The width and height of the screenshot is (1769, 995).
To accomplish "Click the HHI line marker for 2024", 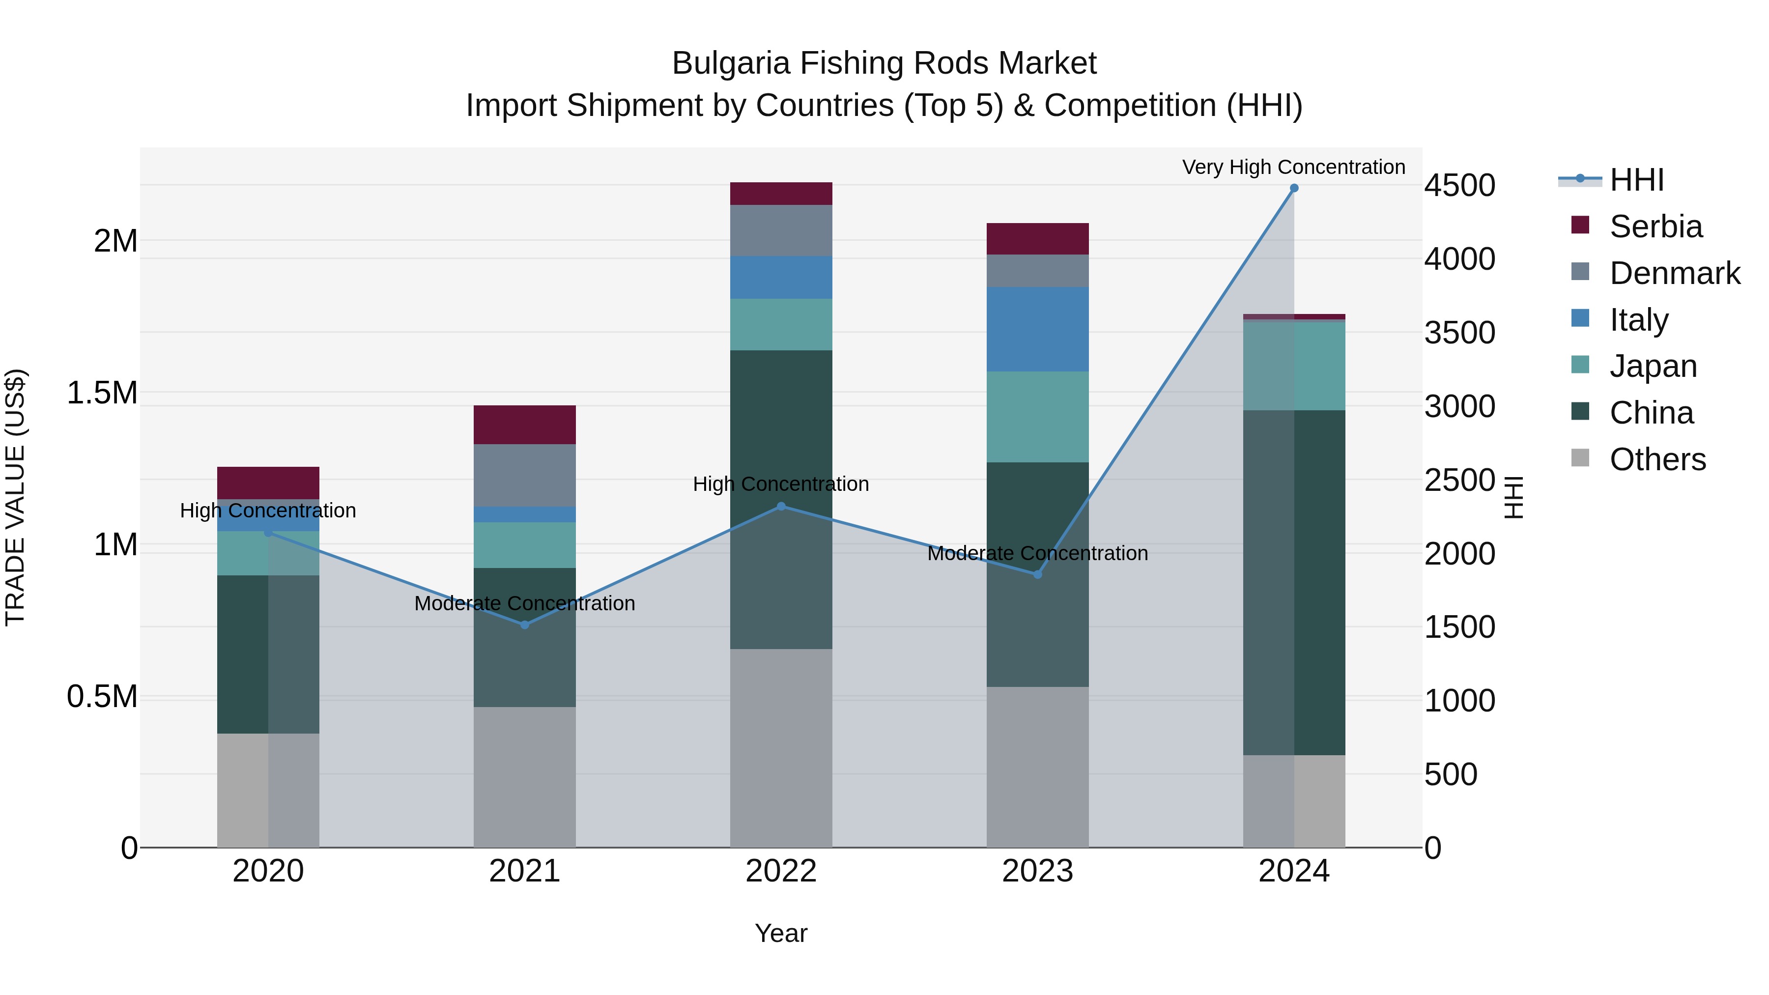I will pyautogui.click(x=1294, y=188).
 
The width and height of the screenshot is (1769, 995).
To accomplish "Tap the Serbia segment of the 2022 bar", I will pyautogui.click(x=781, y=194).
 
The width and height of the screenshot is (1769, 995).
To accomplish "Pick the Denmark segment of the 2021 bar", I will pyautogui.click(x=525, y=475).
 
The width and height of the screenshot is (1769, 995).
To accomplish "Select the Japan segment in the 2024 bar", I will pyautogui.click(x=1294, y=366).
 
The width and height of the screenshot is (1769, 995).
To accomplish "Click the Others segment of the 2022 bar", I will pyautogui.click(x=781, y=748).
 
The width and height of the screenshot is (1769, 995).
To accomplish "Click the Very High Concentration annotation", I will pyautogui.click(x=1293, y=167).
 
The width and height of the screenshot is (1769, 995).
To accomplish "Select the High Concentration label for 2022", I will pyautogui.click(x=781, y=484).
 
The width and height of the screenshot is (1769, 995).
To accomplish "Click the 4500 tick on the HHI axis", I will pyautogui.click(x=1459, y=185).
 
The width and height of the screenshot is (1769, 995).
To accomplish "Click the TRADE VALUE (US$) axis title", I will pyautogui.click(x=15, y=497).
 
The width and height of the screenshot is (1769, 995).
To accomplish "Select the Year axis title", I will pyautogui.click(x=781, y=933).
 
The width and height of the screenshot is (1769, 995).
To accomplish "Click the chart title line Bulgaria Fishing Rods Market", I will pyautogui.click(x=884, y=63).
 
